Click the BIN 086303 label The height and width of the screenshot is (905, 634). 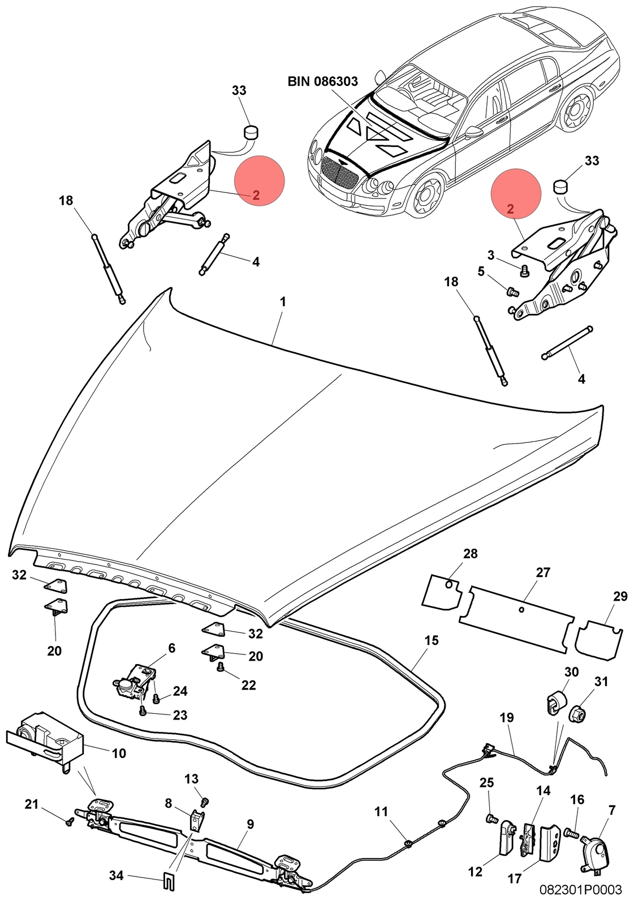coord(322,81)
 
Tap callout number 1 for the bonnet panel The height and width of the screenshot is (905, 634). coord(283,302)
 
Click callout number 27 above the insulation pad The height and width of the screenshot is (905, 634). coord(543,572)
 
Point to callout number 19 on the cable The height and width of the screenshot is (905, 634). coord(506,718)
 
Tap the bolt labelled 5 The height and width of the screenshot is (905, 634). coord(512,290)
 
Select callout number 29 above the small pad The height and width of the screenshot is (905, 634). coord(620,596)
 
